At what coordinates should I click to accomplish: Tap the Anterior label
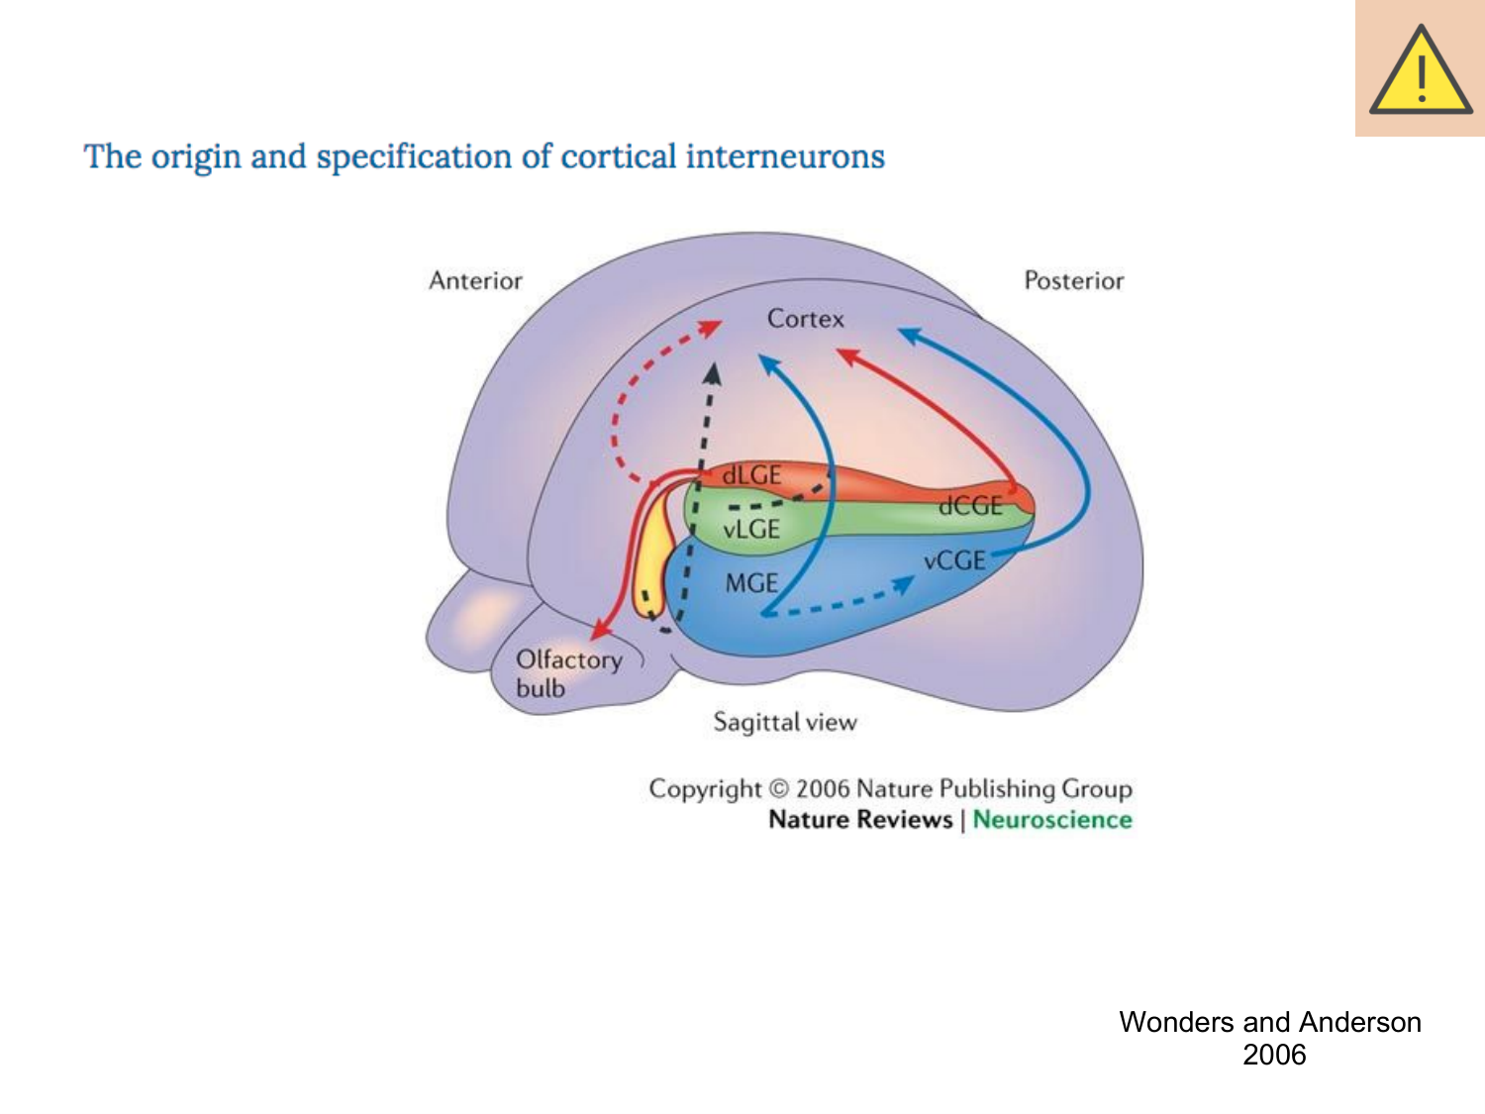coord(475,281)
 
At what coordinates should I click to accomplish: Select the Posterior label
coord(1073,281)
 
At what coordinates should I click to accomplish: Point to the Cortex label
coord(805,319)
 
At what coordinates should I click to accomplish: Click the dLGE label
coord(751,475)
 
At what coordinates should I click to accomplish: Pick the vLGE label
coord(751,530)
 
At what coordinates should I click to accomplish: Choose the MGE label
coord(751,583)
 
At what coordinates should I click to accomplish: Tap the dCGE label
coord(970,506)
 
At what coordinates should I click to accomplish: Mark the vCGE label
coord(954,560)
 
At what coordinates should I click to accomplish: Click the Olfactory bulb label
coord(567,673)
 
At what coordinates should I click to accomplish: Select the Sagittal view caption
coord(785,722)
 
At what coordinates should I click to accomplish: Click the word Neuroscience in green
coord(1051,820)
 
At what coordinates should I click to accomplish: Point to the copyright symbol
coord(779,789)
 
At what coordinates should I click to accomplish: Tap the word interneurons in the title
coord(784,156)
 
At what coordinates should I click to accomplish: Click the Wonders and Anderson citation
coord(1270,1038)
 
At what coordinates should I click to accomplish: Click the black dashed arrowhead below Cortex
coord(712,373)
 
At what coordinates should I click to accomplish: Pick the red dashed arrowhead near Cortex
coord(711,328)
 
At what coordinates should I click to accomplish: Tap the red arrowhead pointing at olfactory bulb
coord(599,630)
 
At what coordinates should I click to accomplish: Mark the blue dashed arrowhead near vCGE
coord(903,585)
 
